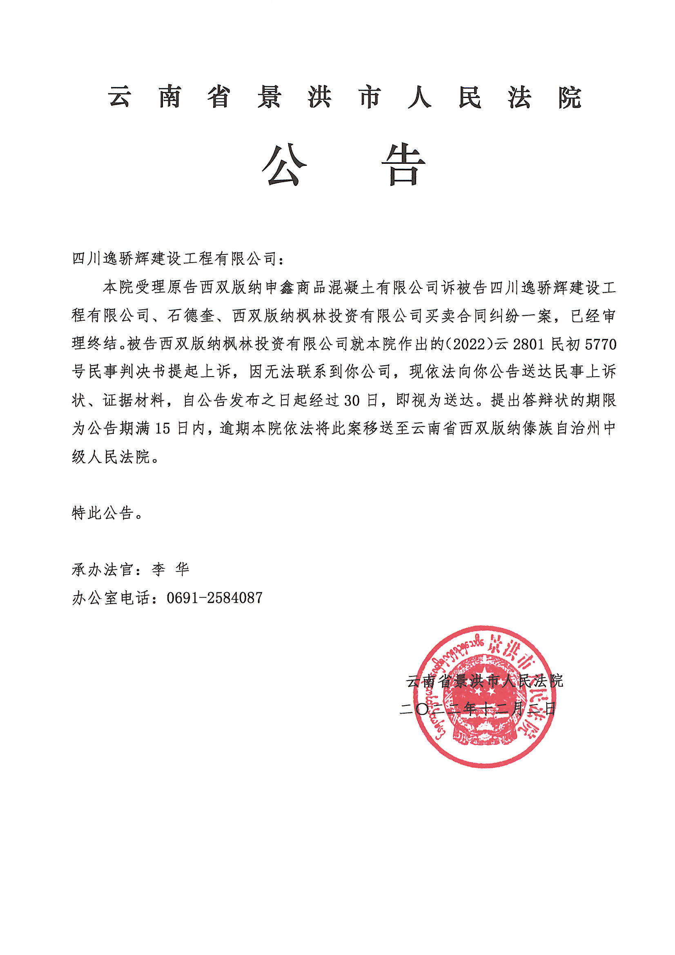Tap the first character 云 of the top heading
(x=120, y=98)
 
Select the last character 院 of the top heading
(x=569, y=98)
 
